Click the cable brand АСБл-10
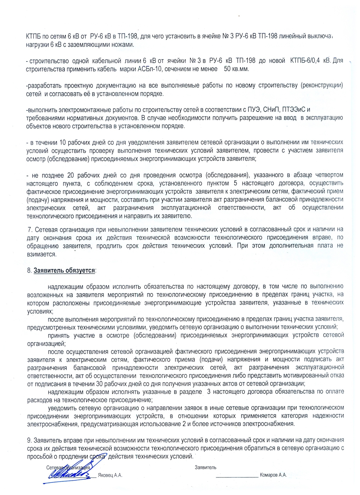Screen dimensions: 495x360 point(150,69)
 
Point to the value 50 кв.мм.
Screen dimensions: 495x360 point(236,69)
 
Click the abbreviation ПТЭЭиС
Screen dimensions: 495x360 point(293,109)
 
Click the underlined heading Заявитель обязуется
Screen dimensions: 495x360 point(64,271)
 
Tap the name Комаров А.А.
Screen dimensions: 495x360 point(273,475)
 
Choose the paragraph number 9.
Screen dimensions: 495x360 point(29,440)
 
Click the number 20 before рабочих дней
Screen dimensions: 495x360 point(71,175)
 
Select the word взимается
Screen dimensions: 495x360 point(41,254)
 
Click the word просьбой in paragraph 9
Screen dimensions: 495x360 point(39,457)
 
